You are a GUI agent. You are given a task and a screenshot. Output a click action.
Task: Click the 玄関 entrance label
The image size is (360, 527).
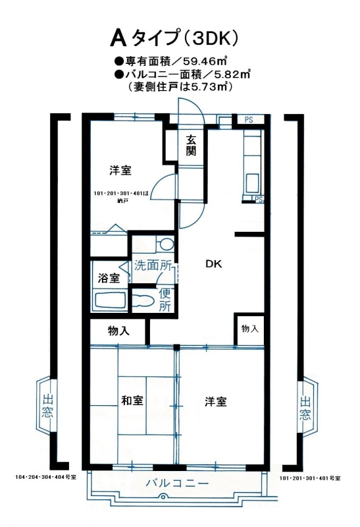coord(191,146)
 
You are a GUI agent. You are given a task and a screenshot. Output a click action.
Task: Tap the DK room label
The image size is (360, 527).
coord(214,264)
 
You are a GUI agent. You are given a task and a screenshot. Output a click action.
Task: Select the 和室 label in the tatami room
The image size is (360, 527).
coord(132,401)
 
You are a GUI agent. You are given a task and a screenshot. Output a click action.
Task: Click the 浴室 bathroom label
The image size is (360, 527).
coord(109,278)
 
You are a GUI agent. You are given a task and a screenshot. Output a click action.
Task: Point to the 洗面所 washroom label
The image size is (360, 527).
coord(153,265)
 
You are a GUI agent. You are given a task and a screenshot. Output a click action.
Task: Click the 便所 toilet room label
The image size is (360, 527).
coord(165,299)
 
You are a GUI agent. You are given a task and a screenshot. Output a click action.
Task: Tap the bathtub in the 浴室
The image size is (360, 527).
coord(111,300)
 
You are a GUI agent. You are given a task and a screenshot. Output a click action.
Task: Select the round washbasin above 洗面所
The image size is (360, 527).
coord(167,244)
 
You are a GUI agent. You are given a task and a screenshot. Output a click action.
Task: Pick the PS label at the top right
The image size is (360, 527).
coord(249,119)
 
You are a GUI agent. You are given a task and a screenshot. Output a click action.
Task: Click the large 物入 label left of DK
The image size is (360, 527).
coord(118,331)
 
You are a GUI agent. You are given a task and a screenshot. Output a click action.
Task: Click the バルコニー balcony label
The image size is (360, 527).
coord(177,484)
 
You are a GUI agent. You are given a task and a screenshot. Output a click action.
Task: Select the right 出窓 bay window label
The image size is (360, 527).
coord(305,408)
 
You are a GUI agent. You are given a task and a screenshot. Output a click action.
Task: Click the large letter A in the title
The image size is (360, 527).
coord(118,38)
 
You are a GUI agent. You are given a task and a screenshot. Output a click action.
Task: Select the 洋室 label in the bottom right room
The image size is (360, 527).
coord(216,401)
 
